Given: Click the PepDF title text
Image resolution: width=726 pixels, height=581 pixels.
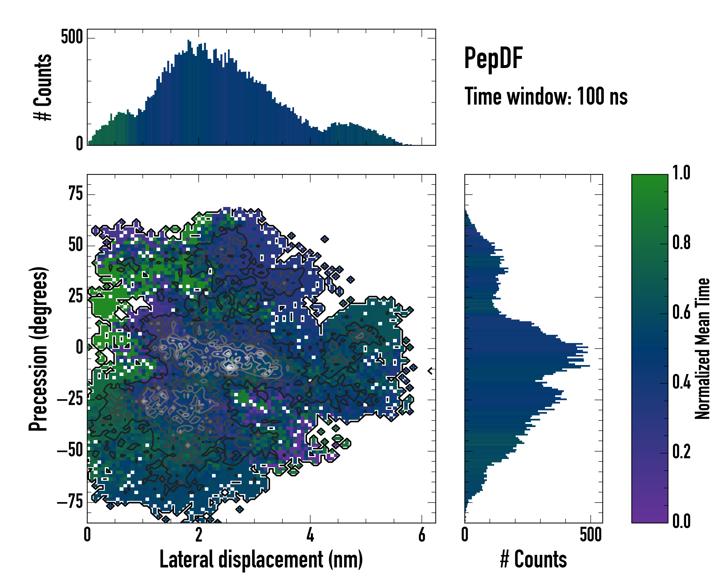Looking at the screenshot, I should [493, 58].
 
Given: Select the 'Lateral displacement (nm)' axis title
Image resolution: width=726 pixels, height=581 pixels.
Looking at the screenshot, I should [261, 559].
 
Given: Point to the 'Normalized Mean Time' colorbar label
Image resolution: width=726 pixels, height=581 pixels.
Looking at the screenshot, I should [703, 348].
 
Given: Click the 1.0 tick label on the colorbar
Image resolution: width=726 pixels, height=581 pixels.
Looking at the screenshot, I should [681, 173].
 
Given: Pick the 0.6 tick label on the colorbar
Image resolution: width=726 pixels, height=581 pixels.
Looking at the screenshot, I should [681, 312].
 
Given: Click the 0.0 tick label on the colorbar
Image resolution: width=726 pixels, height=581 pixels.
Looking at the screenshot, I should [681, 521].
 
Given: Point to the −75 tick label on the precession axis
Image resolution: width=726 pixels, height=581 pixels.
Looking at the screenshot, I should [70, 502].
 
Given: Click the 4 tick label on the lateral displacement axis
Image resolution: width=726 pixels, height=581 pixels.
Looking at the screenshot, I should [310, 535].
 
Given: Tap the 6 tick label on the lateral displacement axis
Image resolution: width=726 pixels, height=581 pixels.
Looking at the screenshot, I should [422, 535].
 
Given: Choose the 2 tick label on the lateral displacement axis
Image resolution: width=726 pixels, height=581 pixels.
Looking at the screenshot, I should [199, 535].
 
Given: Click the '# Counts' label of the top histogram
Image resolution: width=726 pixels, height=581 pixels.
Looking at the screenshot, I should [43, 87].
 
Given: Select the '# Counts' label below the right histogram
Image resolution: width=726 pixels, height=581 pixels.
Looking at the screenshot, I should [533, 559].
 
